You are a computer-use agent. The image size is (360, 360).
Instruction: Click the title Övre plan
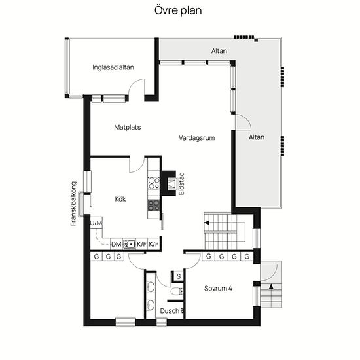[x=178, y=10]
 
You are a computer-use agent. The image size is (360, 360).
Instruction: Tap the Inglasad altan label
[x=113, y=67]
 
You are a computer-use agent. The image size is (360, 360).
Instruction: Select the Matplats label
[x=128, y=127]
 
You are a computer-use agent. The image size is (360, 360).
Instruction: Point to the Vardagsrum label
[x=197, y=138]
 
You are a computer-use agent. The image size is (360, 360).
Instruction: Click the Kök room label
[x=120, y=199]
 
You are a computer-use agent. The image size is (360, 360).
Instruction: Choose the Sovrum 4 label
[x=218, y=289]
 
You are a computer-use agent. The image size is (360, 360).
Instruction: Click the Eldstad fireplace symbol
[x=172, y=184]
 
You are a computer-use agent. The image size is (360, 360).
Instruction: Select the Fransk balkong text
[x=73, y=204]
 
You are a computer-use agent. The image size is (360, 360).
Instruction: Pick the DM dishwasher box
[x=117, y=244]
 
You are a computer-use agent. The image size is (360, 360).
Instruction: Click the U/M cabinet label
[x=96, y=223]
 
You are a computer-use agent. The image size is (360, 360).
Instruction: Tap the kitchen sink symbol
[x=129, y=244]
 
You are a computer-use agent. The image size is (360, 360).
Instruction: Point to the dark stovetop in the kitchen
[x=154, y=206]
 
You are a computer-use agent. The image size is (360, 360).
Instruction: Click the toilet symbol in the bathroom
[x=177, y=291]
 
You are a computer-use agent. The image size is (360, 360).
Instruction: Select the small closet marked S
[x=179, y=276]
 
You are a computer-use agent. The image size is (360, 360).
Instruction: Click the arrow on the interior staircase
[x=207, y=223]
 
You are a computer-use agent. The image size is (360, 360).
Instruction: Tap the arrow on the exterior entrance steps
[x=271, y=287]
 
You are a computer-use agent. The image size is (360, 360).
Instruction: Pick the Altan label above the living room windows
[x=219, y=51]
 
